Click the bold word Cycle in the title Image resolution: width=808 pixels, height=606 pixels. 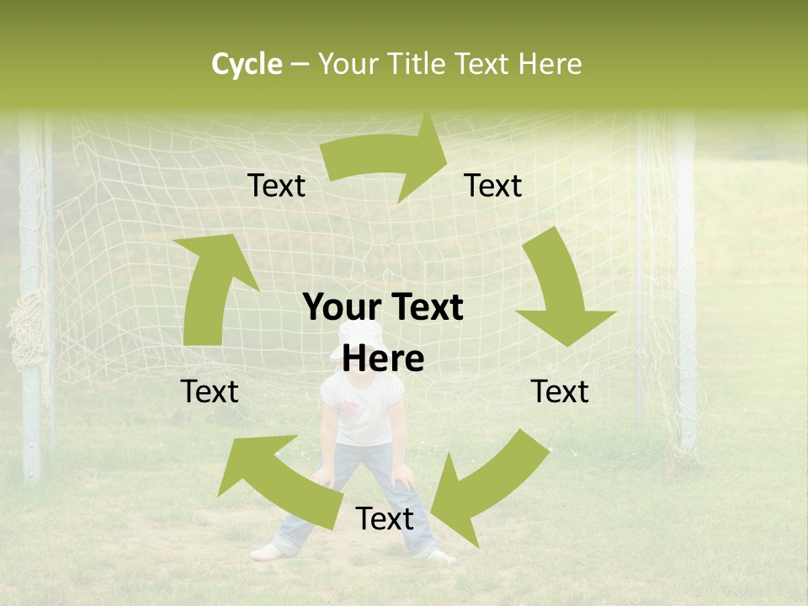247,64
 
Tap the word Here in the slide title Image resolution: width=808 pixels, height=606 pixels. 548,64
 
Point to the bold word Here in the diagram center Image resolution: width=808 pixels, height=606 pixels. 383,359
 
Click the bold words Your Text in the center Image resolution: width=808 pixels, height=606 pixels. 383,308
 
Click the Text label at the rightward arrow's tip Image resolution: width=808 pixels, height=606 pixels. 493,185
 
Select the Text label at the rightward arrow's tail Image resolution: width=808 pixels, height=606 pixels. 276,186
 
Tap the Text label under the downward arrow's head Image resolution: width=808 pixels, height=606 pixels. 560,391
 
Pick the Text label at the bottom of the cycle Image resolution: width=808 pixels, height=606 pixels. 385,518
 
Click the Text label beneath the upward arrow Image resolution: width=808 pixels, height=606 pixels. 210,391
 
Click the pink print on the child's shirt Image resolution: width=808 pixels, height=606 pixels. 351,410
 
